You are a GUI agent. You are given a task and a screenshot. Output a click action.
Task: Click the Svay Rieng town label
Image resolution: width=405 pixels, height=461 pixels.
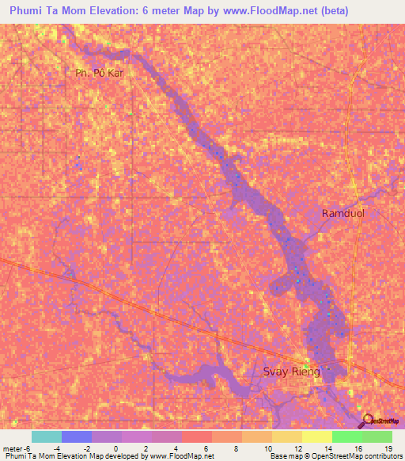click(291, 371)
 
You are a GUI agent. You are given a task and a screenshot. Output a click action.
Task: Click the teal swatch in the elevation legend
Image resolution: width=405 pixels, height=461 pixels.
click(47, 436)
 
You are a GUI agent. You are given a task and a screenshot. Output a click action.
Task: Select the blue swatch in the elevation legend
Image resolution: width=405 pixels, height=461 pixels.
click(77, 436)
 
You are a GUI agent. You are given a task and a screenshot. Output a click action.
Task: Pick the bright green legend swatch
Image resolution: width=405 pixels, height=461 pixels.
click(347, 436)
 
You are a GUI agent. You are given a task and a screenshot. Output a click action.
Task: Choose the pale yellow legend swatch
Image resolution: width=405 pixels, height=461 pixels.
click(317, 436)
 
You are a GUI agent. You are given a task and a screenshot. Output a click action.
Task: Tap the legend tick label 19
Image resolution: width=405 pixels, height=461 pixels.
click(388, 448)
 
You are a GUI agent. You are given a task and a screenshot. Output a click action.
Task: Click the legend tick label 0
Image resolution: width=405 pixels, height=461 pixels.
click(115, 448)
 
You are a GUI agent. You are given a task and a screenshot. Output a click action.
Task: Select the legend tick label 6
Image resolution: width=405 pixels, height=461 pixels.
click(206, 448)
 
